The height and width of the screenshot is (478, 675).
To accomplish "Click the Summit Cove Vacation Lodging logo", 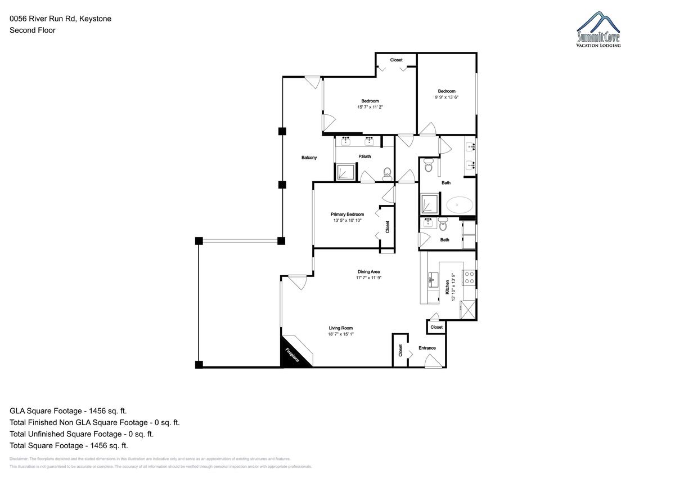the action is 598,29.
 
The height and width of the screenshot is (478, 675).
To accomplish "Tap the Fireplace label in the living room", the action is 292,355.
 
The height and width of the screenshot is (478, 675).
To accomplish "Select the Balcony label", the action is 309,158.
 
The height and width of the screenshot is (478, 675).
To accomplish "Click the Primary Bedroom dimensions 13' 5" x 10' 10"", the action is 347,221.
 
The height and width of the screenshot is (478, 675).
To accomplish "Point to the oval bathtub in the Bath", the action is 459,205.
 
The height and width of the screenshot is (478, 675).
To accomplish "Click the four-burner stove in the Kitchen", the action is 469,278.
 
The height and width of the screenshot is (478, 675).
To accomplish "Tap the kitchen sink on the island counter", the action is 433,280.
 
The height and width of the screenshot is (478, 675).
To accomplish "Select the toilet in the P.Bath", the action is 387,174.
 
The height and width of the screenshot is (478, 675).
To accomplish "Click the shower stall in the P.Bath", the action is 345,172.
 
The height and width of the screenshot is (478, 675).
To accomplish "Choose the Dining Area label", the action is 368,272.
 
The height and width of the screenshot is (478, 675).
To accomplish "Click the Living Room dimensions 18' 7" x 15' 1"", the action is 340,334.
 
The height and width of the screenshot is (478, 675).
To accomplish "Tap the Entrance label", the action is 427,348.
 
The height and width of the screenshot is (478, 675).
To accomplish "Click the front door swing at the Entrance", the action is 433,361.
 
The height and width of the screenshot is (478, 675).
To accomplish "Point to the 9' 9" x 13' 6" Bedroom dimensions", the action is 447,97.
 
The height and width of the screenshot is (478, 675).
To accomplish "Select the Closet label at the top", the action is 396,60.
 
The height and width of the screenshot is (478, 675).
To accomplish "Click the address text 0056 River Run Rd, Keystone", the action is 60,19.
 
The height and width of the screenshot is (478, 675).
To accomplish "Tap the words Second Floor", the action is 33,30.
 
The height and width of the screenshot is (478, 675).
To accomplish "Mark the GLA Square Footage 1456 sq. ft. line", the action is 68,411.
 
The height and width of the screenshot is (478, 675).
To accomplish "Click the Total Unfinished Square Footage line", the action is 82,434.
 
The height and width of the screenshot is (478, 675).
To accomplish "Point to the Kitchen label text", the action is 447,287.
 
